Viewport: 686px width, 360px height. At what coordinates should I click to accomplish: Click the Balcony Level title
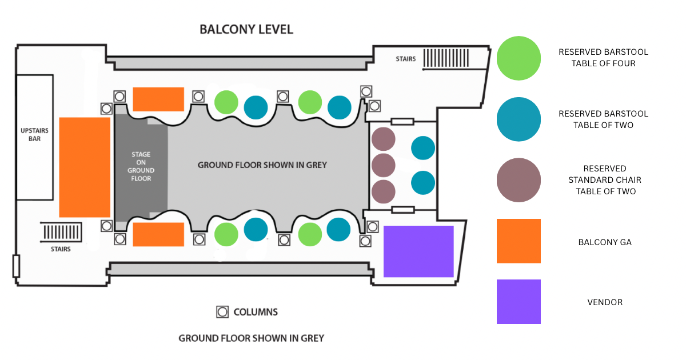click(x=246, y=29)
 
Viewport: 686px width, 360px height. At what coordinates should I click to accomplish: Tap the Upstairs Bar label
click(x=34, y=135)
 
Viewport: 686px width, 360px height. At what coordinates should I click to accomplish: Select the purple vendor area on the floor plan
click(x=418, y=251)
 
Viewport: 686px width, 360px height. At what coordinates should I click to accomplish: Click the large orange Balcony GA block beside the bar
click(x=85, y=167)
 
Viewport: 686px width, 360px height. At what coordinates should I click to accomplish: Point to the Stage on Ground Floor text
click(x=141, y=166)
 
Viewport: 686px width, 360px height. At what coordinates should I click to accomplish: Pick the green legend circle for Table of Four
click(x=519, y=58)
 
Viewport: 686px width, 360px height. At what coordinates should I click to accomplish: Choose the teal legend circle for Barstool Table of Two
click(x=519, y=119)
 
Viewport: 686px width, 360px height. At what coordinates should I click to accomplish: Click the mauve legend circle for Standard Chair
click(x=519, y=180)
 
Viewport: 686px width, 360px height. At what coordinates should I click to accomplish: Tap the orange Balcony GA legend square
click(x=519, y=241)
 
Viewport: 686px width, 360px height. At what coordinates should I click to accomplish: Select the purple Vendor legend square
click(x=519, y=302)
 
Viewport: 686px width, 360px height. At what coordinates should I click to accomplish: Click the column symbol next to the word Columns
click(x=222, y=312)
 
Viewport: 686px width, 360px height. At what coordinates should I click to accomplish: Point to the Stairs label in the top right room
click(x=405, y=59)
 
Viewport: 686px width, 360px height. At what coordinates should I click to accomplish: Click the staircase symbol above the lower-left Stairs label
click(x=61, y=233)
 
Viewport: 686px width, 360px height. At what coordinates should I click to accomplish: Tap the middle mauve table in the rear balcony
click(x=383, y=165)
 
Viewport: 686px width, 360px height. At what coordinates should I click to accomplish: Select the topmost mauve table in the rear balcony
click(x=383, y=139)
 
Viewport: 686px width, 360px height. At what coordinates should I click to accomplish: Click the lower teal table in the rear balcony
click(x=423, y=183)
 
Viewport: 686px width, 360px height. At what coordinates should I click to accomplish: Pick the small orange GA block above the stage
click(x=158, y=99)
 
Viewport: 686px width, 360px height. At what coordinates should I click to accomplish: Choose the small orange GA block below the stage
click(x=158, y=234)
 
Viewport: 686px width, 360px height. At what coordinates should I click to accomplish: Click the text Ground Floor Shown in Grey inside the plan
click(x=262, y=165)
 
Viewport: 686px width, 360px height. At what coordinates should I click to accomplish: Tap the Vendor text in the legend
click(x=605, y=302)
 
